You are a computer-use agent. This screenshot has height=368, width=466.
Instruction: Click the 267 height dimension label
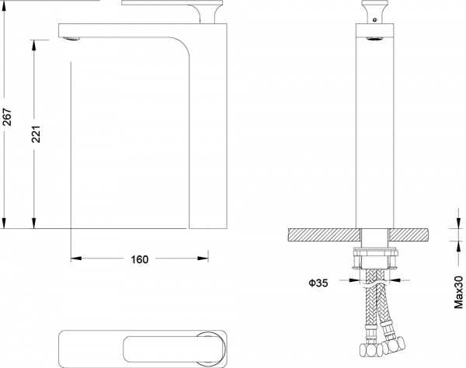[7, 116]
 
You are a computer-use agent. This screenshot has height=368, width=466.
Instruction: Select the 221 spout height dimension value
[36, 134]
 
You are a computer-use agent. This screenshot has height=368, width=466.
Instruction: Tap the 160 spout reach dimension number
[139, 259]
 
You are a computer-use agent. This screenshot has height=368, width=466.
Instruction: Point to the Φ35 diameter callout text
[318, 283]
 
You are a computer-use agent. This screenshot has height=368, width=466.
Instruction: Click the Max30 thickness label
[458, 292]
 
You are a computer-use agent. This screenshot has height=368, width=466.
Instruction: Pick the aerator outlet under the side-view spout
[72, 38]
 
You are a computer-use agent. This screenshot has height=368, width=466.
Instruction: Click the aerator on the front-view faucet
[375, 39]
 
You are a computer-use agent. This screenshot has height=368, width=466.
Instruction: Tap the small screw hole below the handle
[374, 20]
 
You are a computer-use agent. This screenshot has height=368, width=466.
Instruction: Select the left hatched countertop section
[324, 234]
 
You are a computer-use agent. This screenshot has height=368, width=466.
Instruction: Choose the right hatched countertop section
[409, 234]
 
